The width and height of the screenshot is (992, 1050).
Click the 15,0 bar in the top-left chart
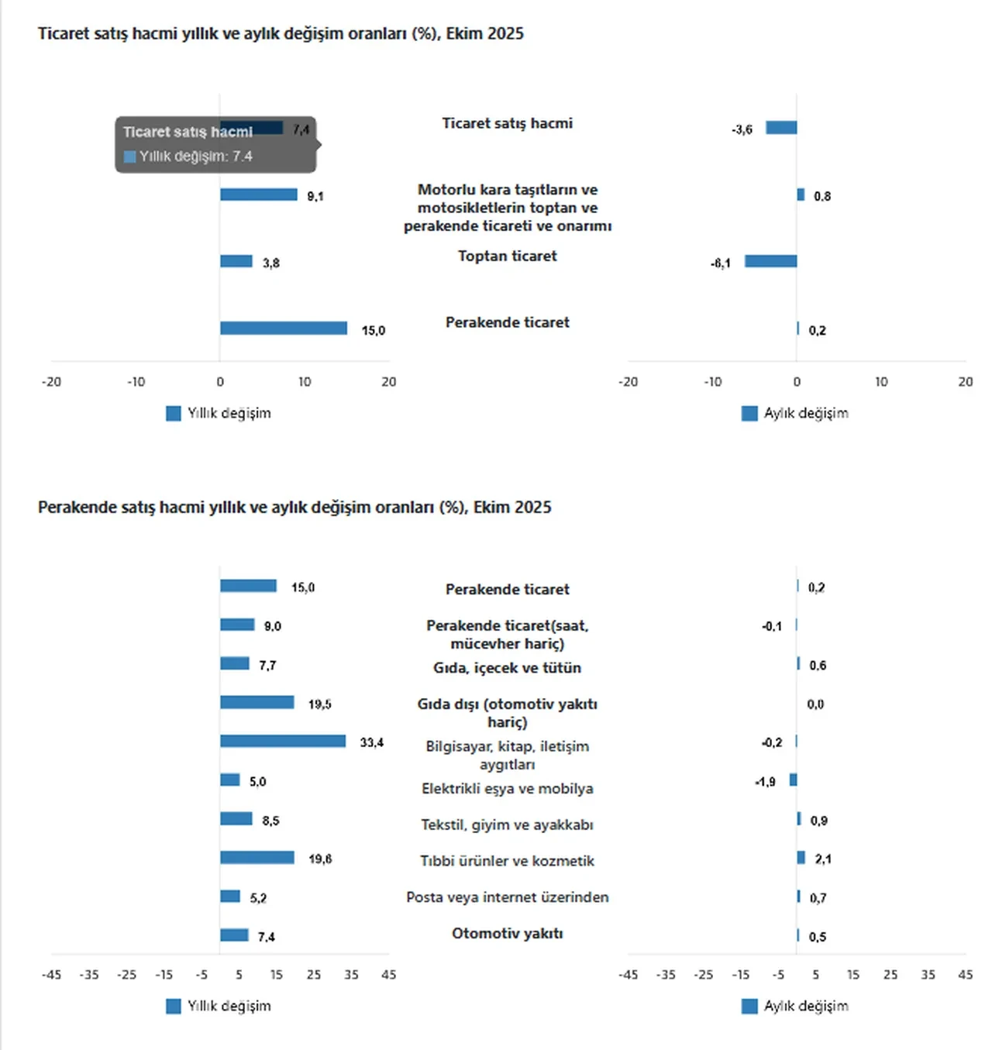click(x=283, y=329)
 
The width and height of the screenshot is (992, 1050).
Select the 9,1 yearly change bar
click(x=258, y=195)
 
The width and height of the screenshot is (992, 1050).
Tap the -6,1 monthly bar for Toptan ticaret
click(x=770, y=261)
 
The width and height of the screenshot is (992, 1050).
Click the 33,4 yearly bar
click(x=282, y=742)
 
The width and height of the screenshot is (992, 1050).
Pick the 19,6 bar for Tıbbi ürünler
click(x=257, y=858)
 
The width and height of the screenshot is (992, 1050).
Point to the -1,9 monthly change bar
click(x=793, y=780)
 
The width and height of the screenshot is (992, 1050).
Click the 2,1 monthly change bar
click(x=801, y=858)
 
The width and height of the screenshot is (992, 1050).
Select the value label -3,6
click(x=742, y=129)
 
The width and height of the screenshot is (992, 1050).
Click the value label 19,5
click(x=319, y=704)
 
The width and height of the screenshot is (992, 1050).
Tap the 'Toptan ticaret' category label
click(x=507, y=256)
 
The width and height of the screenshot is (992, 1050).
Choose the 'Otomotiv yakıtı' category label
click(x=507, y=934)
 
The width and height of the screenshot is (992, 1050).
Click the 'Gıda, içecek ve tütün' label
click(x=507, y=668)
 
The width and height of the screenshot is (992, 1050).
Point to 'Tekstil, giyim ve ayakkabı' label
click(x=507, y=825)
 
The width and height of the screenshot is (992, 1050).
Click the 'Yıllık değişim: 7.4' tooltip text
click(x=195, y=157)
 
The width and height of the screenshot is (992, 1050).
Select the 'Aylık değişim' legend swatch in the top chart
click(x=749, y=413)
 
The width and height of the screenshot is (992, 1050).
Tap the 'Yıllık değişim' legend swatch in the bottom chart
click(x=174, y=1006)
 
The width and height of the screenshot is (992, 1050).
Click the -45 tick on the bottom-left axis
click(x=51, y=975)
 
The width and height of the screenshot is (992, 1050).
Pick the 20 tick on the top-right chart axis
click(x=965, y=382)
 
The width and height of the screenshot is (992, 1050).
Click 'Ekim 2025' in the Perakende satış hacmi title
click(x=512, y=508)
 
